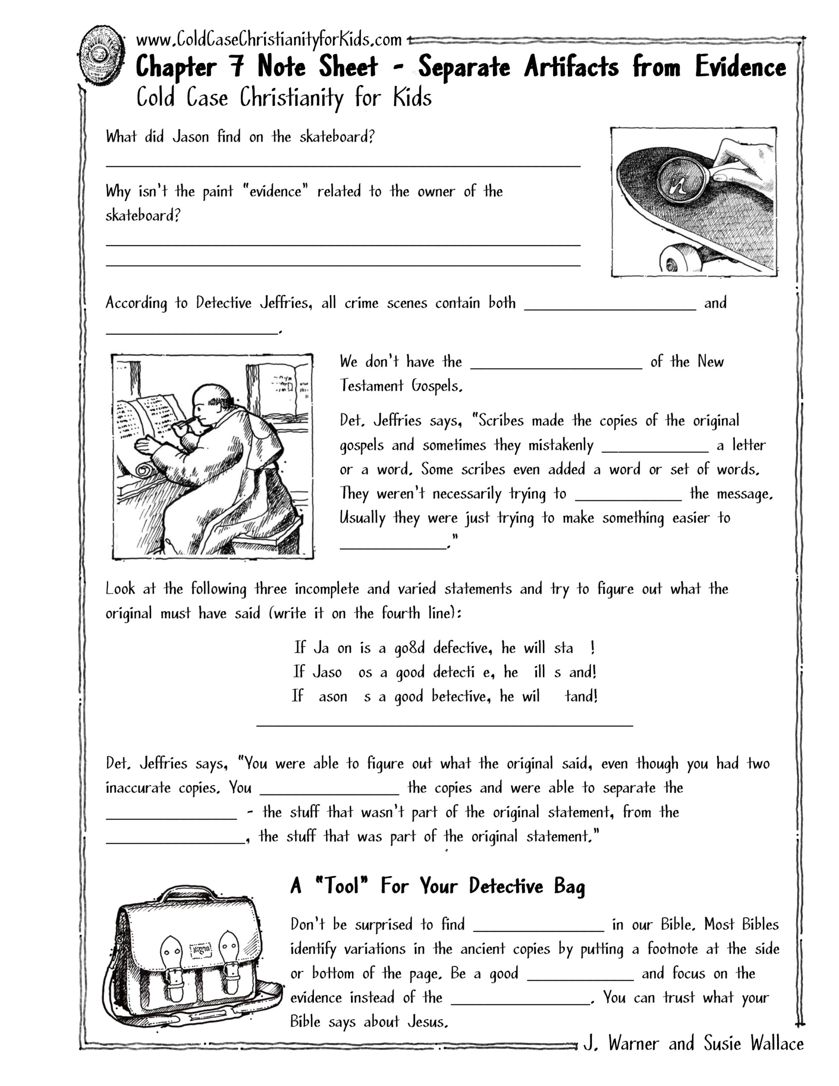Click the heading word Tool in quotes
(x=342, y=886)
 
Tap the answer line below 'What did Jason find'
(x=343, y=164)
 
